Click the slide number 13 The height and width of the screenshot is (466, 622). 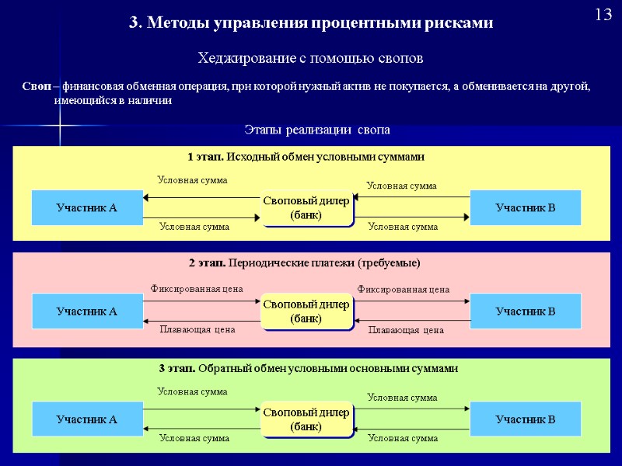tap(603, 15)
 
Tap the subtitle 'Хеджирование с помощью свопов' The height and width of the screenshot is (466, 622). tap(310, 58)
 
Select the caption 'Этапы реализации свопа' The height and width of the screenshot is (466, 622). tap(316, 129)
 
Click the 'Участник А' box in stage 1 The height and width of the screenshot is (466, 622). tap(86, 207)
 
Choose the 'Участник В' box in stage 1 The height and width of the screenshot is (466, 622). tap(526, 207)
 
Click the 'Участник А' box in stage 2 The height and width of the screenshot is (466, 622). tap(86, 311)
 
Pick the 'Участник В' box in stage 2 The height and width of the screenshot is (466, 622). tap(526, 311)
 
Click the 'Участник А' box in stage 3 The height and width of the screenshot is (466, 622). tap(86, 419)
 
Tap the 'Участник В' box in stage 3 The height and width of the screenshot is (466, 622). tap(526, 419)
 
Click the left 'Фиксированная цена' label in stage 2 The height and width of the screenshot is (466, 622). tap(197, 289)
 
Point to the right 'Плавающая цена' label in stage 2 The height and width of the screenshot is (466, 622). tap(405, 330)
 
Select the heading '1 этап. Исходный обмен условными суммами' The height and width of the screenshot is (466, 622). tap(306, 157)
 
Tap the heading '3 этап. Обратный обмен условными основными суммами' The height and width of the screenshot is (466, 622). tap(309, 368)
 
